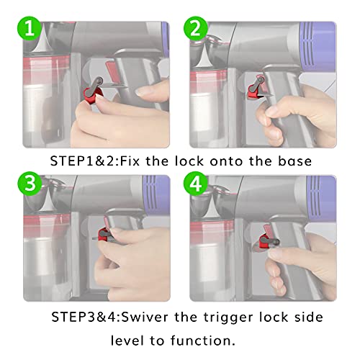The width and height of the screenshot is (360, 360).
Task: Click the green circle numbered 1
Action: pyautogui.click(x=30, y=29)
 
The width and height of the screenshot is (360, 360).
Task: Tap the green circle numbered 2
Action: pyautogui.click(x=196, y=29)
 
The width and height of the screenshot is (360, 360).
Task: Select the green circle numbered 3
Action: pyautogui.click(x=30, y=184)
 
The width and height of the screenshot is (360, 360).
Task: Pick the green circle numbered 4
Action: pyautogui.click(x=196, y=184)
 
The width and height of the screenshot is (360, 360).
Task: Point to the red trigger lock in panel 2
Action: pyautogui.click(x=255, y=91)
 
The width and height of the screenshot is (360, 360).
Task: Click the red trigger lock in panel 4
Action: pyautogui.click(x=266, y=240)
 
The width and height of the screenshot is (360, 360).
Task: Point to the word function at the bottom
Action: pyautogui.click(x=203, y=341)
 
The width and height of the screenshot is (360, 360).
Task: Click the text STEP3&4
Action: pyautogui.click(x=86, y=317)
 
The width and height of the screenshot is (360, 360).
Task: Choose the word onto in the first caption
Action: pyautogui.click(x=227, y=161)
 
